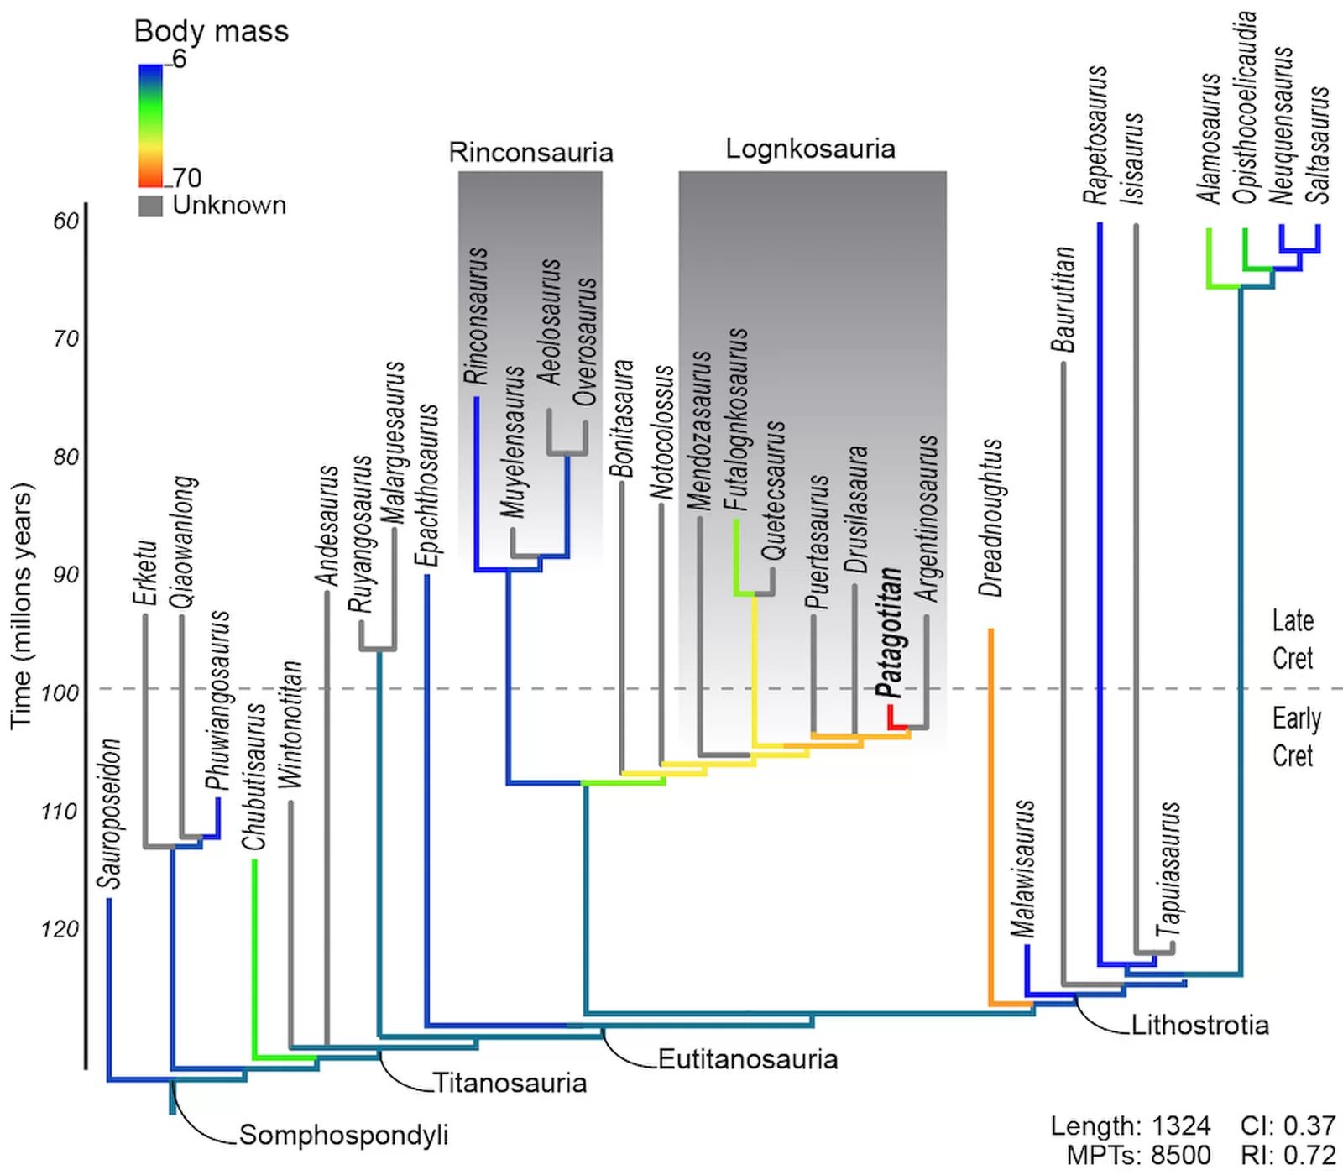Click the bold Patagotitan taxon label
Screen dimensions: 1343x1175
point(890,633)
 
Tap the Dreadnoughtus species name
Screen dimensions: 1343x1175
point(991,518)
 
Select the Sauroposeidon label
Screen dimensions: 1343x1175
point(110,814)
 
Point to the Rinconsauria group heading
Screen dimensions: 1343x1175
point(530,152)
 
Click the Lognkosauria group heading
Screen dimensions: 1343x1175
point(811,149)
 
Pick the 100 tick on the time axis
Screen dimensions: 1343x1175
point(60,693)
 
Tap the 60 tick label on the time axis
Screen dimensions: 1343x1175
point(66,222)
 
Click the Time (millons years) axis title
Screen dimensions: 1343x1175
point(22,605)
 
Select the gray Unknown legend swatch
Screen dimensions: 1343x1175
point(150,206)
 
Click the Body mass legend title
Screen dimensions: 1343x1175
point(212,31)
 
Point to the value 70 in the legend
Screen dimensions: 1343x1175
point(187,178)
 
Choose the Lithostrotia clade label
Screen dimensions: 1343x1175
point(1200,1025)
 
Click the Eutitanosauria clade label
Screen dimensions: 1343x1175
point(748,1059)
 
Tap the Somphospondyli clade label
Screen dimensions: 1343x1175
point(344,1135)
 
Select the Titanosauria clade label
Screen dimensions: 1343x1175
point(510,1083)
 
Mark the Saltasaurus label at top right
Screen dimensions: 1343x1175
point(1319,144)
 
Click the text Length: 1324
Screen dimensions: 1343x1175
point(1131,1125)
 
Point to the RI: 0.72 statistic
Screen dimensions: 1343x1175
point(1288,1155)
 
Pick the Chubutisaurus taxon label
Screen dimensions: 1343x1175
point(254,776)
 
